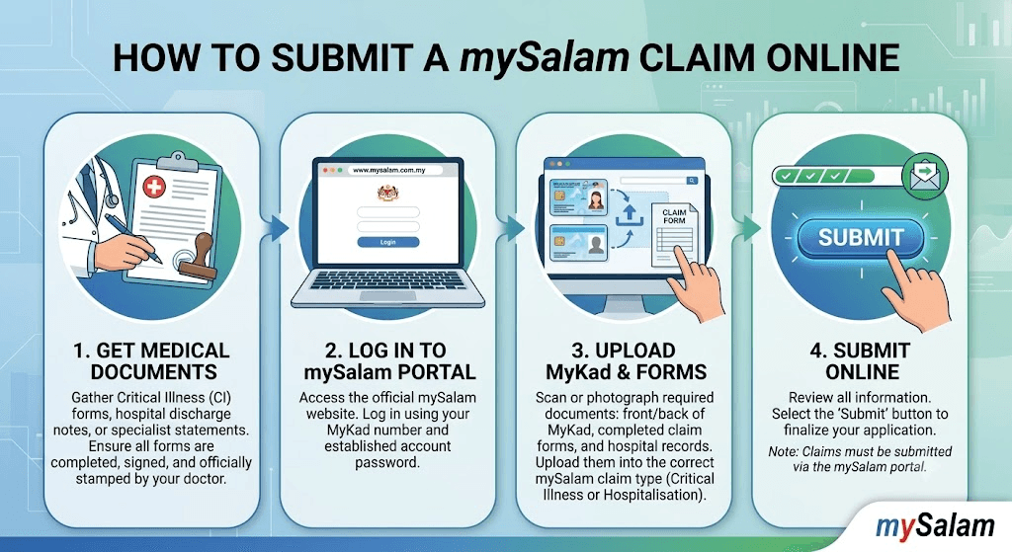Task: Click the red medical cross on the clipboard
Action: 153,188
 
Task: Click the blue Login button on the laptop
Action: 387,242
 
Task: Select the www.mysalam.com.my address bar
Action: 387,170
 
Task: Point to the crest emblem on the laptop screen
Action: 387,193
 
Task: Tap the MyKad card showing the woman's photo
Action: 578,197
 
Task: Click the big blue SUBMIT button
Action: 861,237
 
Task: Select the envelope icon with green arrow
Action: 925,176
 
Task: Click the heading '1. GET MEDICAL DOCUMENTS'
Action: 151,361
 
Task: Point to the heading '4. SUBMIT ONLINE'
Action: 861,361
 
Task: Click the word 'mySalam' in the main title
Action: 545,57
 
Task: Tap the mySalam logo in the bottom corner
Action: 935,526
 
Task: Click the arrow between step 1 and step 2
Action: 278,228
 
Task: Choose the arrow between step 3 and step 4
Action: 751,228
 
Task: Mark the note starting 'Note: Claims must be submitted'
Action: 860,459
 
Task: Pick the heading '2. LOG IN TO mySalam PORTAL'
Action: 389,361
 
